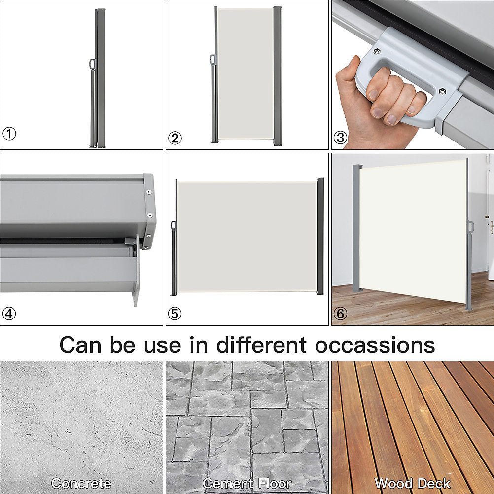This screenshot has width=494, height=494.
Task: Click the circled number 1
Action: click(9, 133)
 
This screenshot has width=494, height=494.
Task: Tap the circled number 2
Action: click(175, 139)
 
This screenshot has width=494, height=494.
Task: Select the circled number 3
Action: click(340, 138)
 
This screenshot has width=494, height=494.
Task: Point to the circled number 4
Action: click(9, 314)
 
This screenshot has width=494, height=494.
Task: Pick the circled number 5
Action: click(175, 314)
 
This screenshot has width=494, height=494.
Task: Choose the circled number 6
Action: click(340, 314)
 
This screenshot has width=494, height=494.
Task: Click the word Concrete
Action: click(81, 483)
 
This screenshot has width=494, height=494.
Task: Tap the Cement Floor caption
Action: click(247, 483)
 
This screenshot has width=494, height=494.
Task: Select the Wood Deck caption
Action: click(412, 483)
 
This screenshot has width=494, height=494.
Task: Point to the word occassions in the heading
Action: click(375, 345)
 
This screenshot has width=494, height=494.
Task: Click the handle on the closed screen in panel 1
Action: click(92, 64)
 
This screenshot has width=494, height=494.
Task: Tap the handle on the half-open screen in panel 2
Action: click(212, 60)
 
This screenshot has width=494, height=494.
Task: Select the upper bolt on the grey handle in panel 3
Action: click(377, 52)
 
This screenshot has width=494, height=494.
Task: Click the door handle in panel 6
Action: click(491, 226)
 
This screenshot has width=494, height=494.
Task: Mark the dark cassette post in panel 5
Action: click(320, 237)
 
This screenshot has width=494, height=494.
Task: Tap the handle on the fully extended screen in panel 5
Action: click(173, 226)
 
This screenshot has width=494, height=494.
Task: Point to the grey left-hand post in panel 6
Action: click(356, 227)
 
